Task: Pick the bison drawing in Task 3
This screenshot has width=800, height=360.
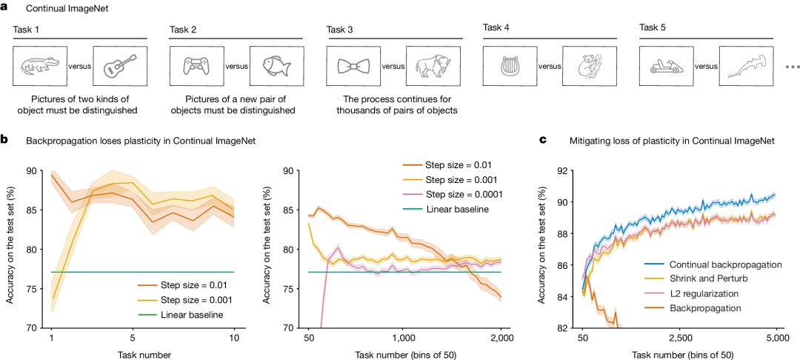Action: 434,65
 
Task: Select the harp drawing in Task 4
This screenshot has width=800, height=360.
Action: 509,66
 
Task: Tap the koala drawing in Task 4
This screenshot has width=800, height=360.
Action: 590,66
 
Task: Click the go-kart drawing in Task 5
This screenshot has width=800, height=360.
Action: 666,66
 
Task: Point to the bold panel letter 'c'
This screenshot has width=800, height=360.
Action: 543,139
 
